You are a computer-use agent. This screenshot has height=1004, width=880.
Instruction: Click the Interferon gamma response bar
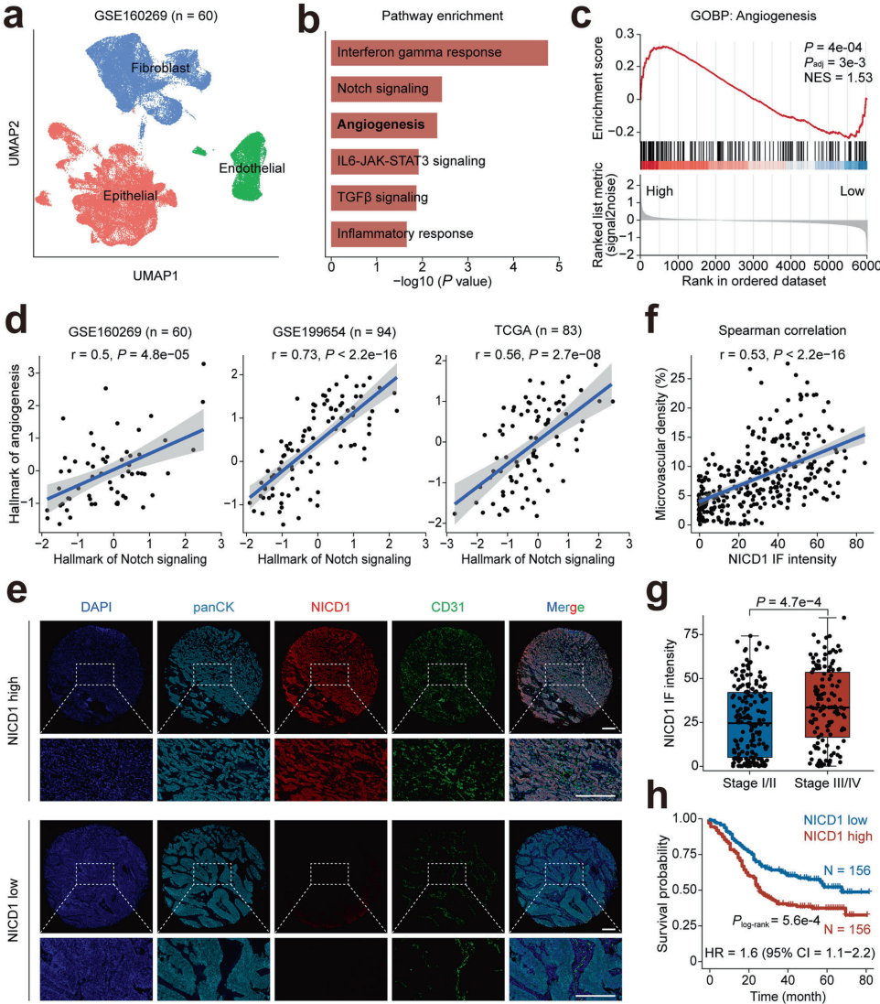(x=439, y=52)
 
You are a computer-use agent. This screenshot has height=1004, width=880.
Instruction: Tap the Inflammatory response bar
(x=369, y=233)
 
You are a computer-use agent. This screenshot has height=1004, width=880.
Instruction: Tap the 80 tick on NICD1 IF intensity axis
(x=853, y=544)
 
